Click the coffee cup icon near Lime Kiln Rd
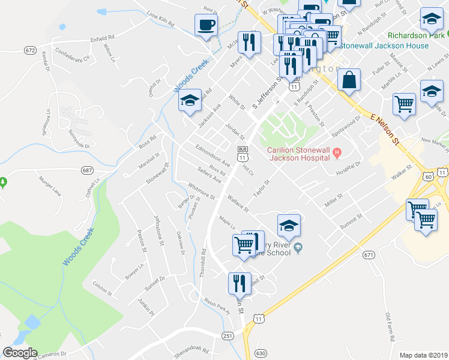[x=206, y=26]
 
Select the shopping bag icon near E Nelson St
[x=349, y=80]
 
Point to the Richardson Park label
[x=417, y=35]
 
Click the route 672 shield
[x=31, y=50]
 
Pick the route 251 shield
[x=227, y=335]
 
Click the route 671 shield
[x=369, y=255]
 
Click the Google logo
[x=20, y=353]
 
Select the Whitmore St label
[x=201, y=191]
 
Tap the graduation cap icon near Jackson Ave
[x=190, y=101]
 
